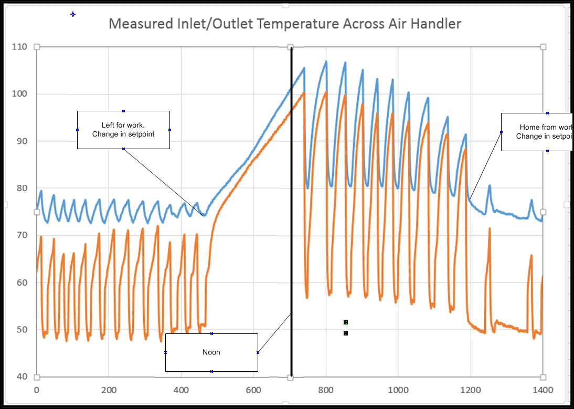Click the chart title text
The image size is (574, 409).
284,24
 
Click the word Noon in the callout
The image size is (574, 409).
211,352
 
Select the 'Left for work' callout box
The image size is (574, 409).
123,130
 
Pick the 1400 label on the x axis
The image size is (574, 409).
543,390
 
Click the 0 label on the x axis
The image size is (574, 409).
36,390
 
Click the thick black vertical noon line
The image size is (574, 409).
291,210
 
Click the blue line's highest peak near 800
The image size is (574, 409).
326,62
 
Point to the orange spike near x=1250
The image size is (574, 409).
489,229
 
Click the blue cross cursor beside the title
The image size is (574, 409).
73,14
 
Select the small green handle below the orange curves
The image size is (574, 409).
346,322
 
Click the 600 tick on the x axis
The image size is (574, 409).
253,390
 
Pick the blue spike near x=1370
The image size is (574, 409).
531,201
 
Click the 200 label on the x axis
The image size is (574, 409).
109,390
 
